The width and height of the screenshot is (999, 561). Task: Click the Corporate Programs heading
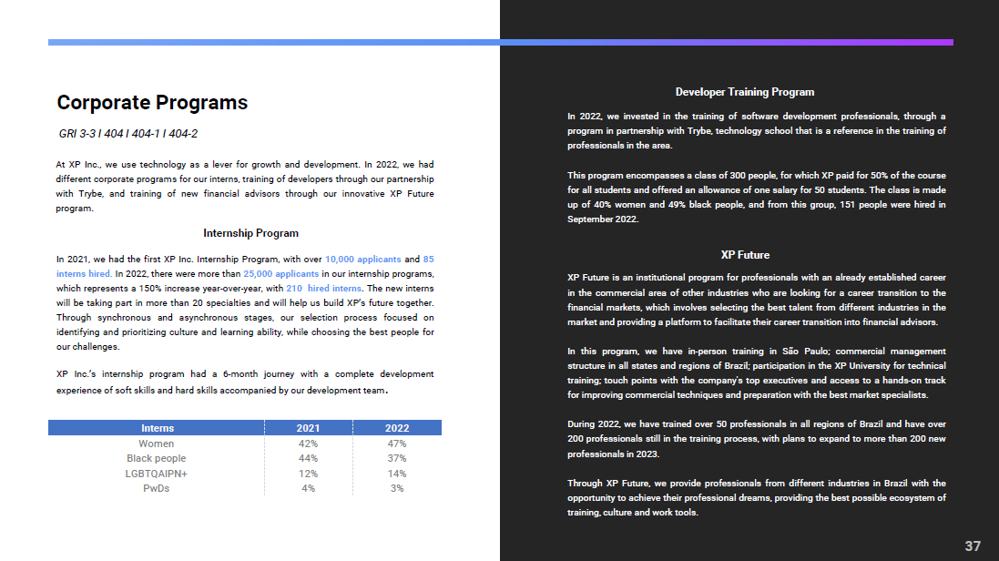[x=152, y=103]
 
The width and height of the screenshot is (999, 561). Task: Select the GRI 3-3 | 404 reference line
[x=128, y=134]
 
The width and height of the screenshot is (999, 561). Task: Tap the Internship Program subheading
[x=250, y=233]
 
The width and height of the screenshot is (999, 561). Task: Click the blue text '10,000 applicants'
[x=362, y=259]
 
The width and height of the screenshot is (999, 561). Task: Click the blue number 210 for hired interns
[x=294, y=288]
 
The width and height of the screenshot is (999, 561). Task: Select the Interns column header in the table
[x=157, y=428]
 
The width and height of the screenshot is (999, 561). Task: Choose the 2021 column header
[x=308, y=428]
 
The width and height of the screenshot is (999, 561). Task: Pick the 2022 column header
[x=397, y=428]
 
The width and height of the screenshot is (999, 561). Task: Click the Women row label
[x=156, y=444]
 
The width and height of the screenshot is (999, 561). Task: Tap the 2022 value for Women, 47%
[x=397, y=444]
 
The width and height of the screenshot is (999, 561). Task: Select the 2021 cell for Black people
[x=308, y=458]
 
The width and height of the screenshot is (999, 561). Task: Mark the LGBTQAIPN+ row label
[x=156, y=474]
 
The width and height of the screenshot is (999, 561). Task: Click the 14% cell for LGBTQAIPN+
[x=397, y=474]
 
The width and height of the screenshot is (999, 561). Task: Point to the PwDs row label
[x=156, y=488]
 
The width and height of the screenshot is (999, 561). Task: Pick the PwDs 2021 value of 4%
[x=308, y=488]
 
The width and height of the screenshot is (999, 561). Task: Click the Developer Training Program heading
[x=744, y=92]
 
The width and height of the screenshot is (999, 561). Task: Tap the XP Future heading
[x=744, y=255]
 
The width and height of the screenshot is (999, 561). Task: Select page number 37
[x=973, y=546]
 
